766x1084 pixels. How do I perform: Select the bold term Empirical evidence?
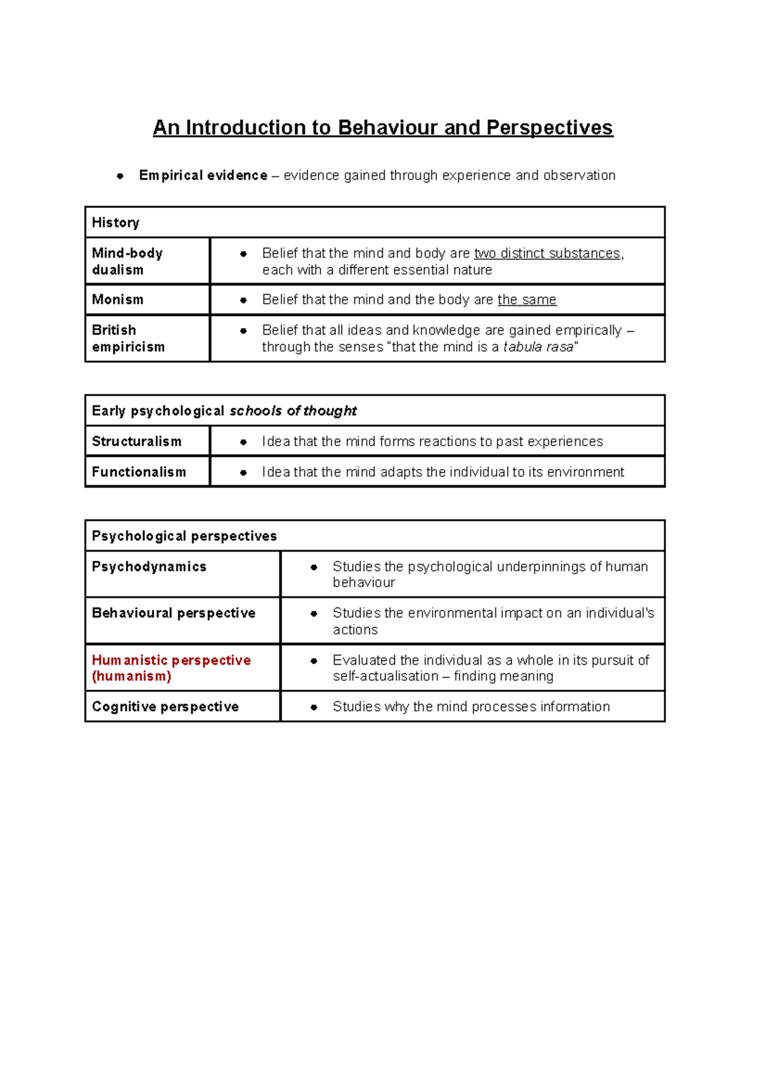click(203, 175)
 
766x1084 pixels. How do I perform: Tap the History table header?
click(116, 222)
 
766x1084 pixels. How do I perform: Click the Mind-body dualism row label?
click(127, 261)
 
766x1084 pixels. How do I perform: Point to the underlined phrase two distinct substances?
click(548, 253)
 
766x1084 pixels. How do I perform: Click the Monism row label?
click(117, 299)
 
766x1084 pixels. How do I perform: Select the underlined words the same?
click(527, 299)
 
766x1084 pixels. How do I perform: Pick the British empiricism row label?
click(128, 338)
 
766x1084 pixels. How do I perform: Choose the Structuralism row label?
click(137, 441)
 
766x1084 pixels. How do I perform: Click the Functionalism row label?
click(139, 472)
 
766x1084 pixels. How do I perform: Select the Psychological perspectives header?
click(184, 536)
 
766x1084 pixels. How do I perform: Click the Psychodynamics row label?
click(149, 566)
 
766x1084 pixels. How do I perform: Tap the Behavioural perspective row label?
click(173, 613)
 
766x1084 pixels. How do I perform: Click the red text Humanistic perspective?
click(171, 660)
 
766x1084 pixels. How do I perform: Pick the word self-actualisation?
click(385, 676)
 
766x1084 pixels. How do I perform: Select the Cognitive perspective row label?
click(165, 707)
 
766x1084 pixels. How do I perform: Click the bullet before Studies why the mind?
click(313, 707)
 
